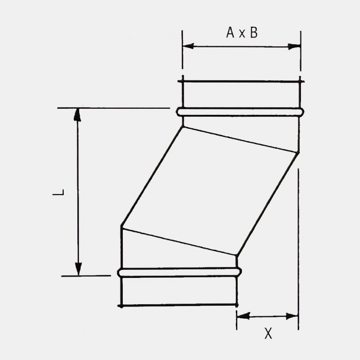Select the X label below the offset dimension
click(268, 333)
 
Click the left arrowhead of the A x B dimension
click(188, 46)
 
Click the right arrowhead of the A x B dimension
click(295, 46)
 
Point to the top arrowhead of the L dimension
click(78, 114)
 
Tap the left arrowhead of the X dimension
click(242, 316)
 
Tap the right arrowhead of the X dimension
click(293, 316)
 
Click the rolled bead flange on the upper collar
click(240, 112)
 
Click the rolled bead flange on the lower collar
click(180, 272)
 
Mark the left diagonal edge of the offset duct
click(151, 177)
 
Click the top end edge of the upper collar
click(240, 82)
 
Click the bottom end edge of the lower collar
click(178, 305)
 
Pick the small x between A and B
click(242, 34)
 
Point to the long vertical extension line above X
click(298, 244)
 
